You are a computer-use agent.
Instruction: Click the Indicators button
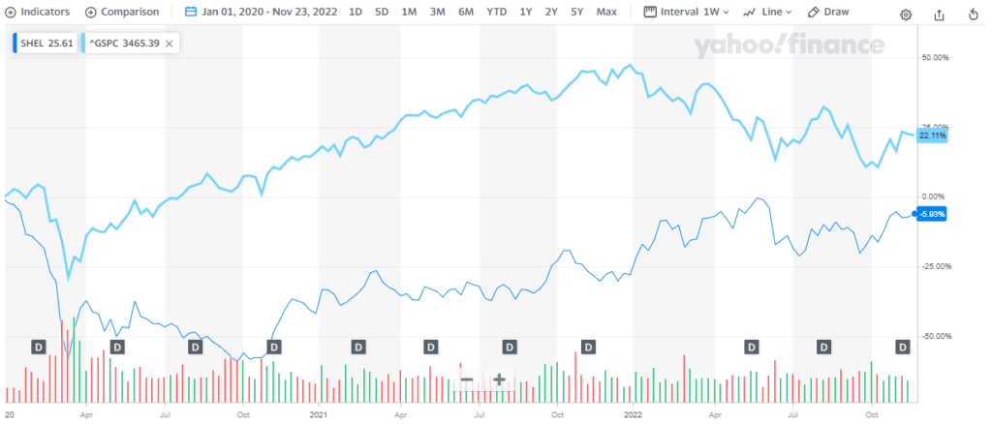pyautogui.click(x=39, y=14)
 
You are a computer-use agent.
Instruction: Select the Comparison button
pyautogui.click(x=122, y=14)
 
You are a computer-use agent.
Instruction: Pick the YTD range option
pyautogui.click(x=496, y=14)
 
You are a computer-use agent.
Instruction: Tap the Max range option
pyautogui.click(x=606, y=14)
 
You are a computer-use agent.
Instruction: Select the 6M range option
pyautogui.click(x=466, y=14)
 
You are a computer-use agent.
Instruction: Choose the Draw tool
pyautogui.click(x=829, y=14)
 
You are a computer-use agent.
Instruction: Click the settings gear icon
pyautogui.click(x=906, y=15)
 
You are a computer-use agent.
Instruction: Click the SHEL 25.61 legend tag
pyautogui.click(x=45, y=44)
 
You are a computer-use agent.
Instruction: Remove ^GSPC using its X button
pyautogui.click(x=170, y=44)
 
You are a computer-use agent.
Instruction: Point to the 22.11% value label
pyautogui.click(x=932, y=136)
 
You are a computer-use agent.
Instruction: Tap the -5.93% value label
pyautogui.click(x=931, y=214)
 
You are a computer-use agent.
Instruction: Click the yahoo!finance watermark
pyautogui.click(x=788, y=45)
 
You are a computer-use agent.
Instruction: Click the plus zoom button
pyautogui.click(x=500, y=380)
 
